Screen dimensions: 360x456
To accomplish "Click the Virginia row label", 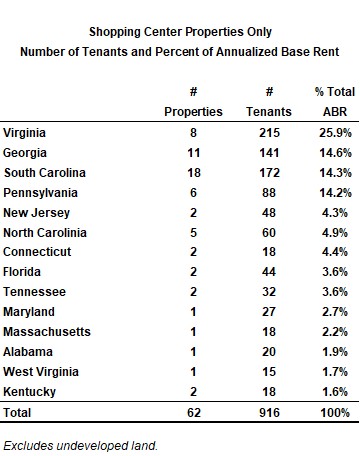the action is [x=24, y=133].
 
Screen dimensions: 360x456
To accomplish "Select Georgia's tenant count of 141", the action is [x=269, y=153].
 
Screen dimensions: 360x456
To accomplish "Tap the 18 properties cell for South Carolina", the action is [x=194, y=173].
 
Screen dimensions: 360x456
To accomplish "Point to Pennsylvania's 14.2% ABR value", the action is [x=335, y=193].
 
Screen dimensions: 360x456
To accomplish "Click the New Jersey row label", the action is [x=36, y=213].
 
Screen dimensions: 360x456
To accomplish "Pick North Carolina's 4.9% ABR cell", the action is [x=335, y=233].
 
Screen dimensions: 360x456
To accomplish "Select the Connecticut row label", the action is [x=37, y=252].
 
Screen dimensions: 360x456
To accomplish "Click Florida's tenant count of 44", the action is [x=269, y=272].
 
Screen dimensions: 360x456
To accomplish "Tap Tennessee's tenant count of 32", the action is [x=269, y=292].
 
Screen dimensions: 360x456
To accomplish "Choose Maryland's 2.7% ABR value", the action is [x=335, y=312].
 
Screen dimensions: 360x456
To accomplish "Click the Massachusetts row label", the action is [x=47, y=332].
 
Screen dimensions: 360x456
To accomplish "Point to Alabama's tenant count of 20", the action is [x=269, y=352].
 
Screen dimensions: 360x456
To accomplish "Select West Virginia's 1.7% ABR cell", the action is [x=335, y=372].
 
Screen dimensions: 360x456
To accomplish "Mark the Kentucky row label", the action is [x=29, y=392].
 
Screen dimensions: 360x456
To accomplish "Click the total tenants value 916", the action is [x=269, y=413].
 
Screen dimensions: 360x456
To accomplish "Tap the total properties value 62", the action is [x=194, y=413].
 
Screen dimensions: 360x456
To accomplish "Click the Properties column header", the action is [x=193, y=112].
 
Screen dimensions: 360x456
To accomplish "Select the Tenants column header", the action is [x=269, y=112].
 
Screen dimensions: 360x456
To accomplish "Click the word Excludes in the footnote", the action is [x=28, y=446].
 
